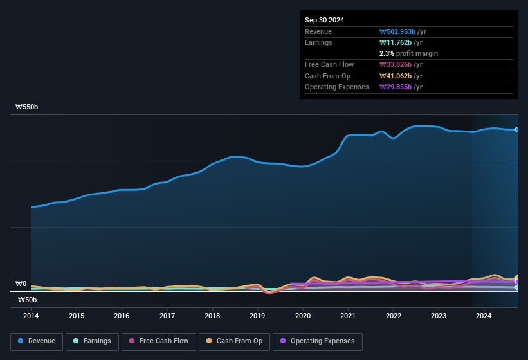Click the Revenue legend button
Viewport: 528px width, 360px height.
point(37,341)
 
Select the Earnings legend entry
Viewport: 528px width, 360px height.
point(92,341)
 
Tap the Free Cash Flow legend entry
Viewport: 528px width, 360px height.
point(159,341)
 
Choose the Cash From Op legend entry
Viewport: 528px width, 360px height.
point(235,341)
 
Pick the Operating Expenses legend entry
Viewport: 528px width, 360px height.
point(318,341)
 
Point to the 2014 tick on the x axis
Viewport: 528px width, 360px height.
point(31,316)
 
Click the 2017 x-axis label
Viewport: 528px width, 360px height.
point(167,316)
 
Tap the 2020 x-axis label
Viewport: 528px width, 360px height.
point(303,316)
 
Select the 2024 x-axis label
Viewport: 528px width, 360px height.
point(484,316)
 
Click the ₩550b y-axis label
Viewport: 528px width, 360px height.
point(27,107)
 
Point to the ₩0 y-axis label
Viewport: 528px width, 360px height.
point(21,283)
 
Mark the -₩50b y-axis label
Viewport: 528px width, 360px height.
point(26,300)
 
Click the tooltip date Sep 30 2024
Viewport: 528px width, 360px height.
point(325,20)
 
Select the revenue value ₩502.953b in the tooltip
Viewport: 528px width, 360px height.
point(401,32)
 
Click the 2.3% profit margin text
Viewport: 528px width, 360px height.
point(408,53)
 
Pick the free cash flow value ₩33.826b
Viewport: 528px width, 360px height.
point(399,64)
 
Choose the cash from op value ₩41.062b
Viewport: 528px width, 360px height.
point(399,76)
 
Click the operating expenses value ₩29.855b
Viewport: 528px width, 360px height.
point(399,87)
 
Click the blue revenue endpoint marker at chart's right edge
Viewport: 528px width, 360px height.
point(516,130)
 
